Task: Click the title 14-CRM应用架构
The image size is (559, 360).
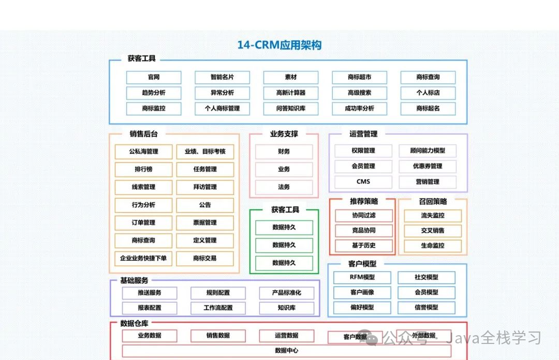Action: pyautogui.click(x=279, y=45)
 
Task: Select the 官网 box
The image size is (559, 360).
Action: pyautogui.click(x=154, y=77)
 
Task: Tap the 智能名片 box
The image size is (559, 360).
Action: pyautogui.click(x=222, y=77)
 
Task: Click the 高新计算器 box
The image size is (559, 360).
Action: pyautogui.click(x=290, y=93)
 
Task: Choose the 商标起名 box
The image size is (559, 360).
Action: pyautogui.click(x=428, y=109)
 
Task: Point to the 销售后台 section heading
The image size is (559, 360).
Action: pyautogui.click(x=143, y=134)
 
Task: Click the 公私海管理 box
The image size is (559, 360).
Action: pyautogui.click(x=143, y=152)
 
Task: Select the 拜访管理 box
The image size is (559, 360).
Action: pyautogui.click(x=204, y=187)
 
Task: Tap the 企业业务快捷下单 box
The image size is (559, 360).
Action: pyautogui.click(x=143, y=258)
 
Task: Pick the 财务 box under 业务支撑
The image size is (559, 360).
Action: pyautogui.click(x=284, y=152)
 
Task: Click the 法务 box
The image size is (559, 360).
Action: pyautogui.click(x=284, y=187)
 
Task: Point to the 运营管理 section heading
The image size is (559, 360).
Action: pyautogui.click(x=363, y=134)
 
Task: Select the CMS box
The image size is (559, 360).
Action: pyautogui.click(x=363, y=182)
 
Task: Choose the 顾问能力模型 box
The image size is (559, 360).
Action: pyautogui.click(x=428, y=151)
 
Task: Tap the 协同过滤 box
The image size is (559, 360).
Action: pyautogui.click(x=363, y=215)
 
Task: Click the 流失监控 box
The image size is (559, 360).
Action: pyautogui.click(x=432, y=215)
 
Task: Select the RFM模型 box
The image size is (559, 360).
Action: pyautogui.click(x=362, y=277)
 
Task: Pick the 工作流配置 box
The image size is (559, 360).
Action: pyautogui.click(x=218, y=308)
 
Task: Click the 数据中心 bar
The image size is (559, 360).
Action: pyautogui.click(x=286, y=351)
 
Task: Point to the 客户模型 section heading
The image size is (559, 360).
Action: pyautogui.click(x=362, y=264)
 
